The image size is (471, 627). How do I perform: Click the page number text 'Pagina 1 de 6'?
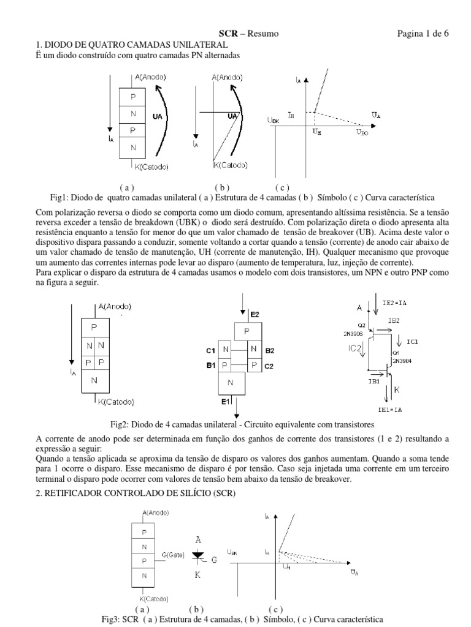[423, 34]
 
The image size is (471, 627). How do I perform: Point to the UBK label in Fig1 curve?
[274, 121]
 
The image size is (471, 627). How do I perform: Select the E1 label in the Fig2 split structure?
[226, 402]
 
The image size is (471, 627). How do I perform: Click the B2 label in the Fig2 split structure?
[270, 351]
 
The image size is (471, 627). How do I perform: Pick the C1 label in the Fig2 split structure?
[210, 351]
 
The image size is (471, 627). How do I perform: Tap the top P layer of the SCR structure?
[144, 532]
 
